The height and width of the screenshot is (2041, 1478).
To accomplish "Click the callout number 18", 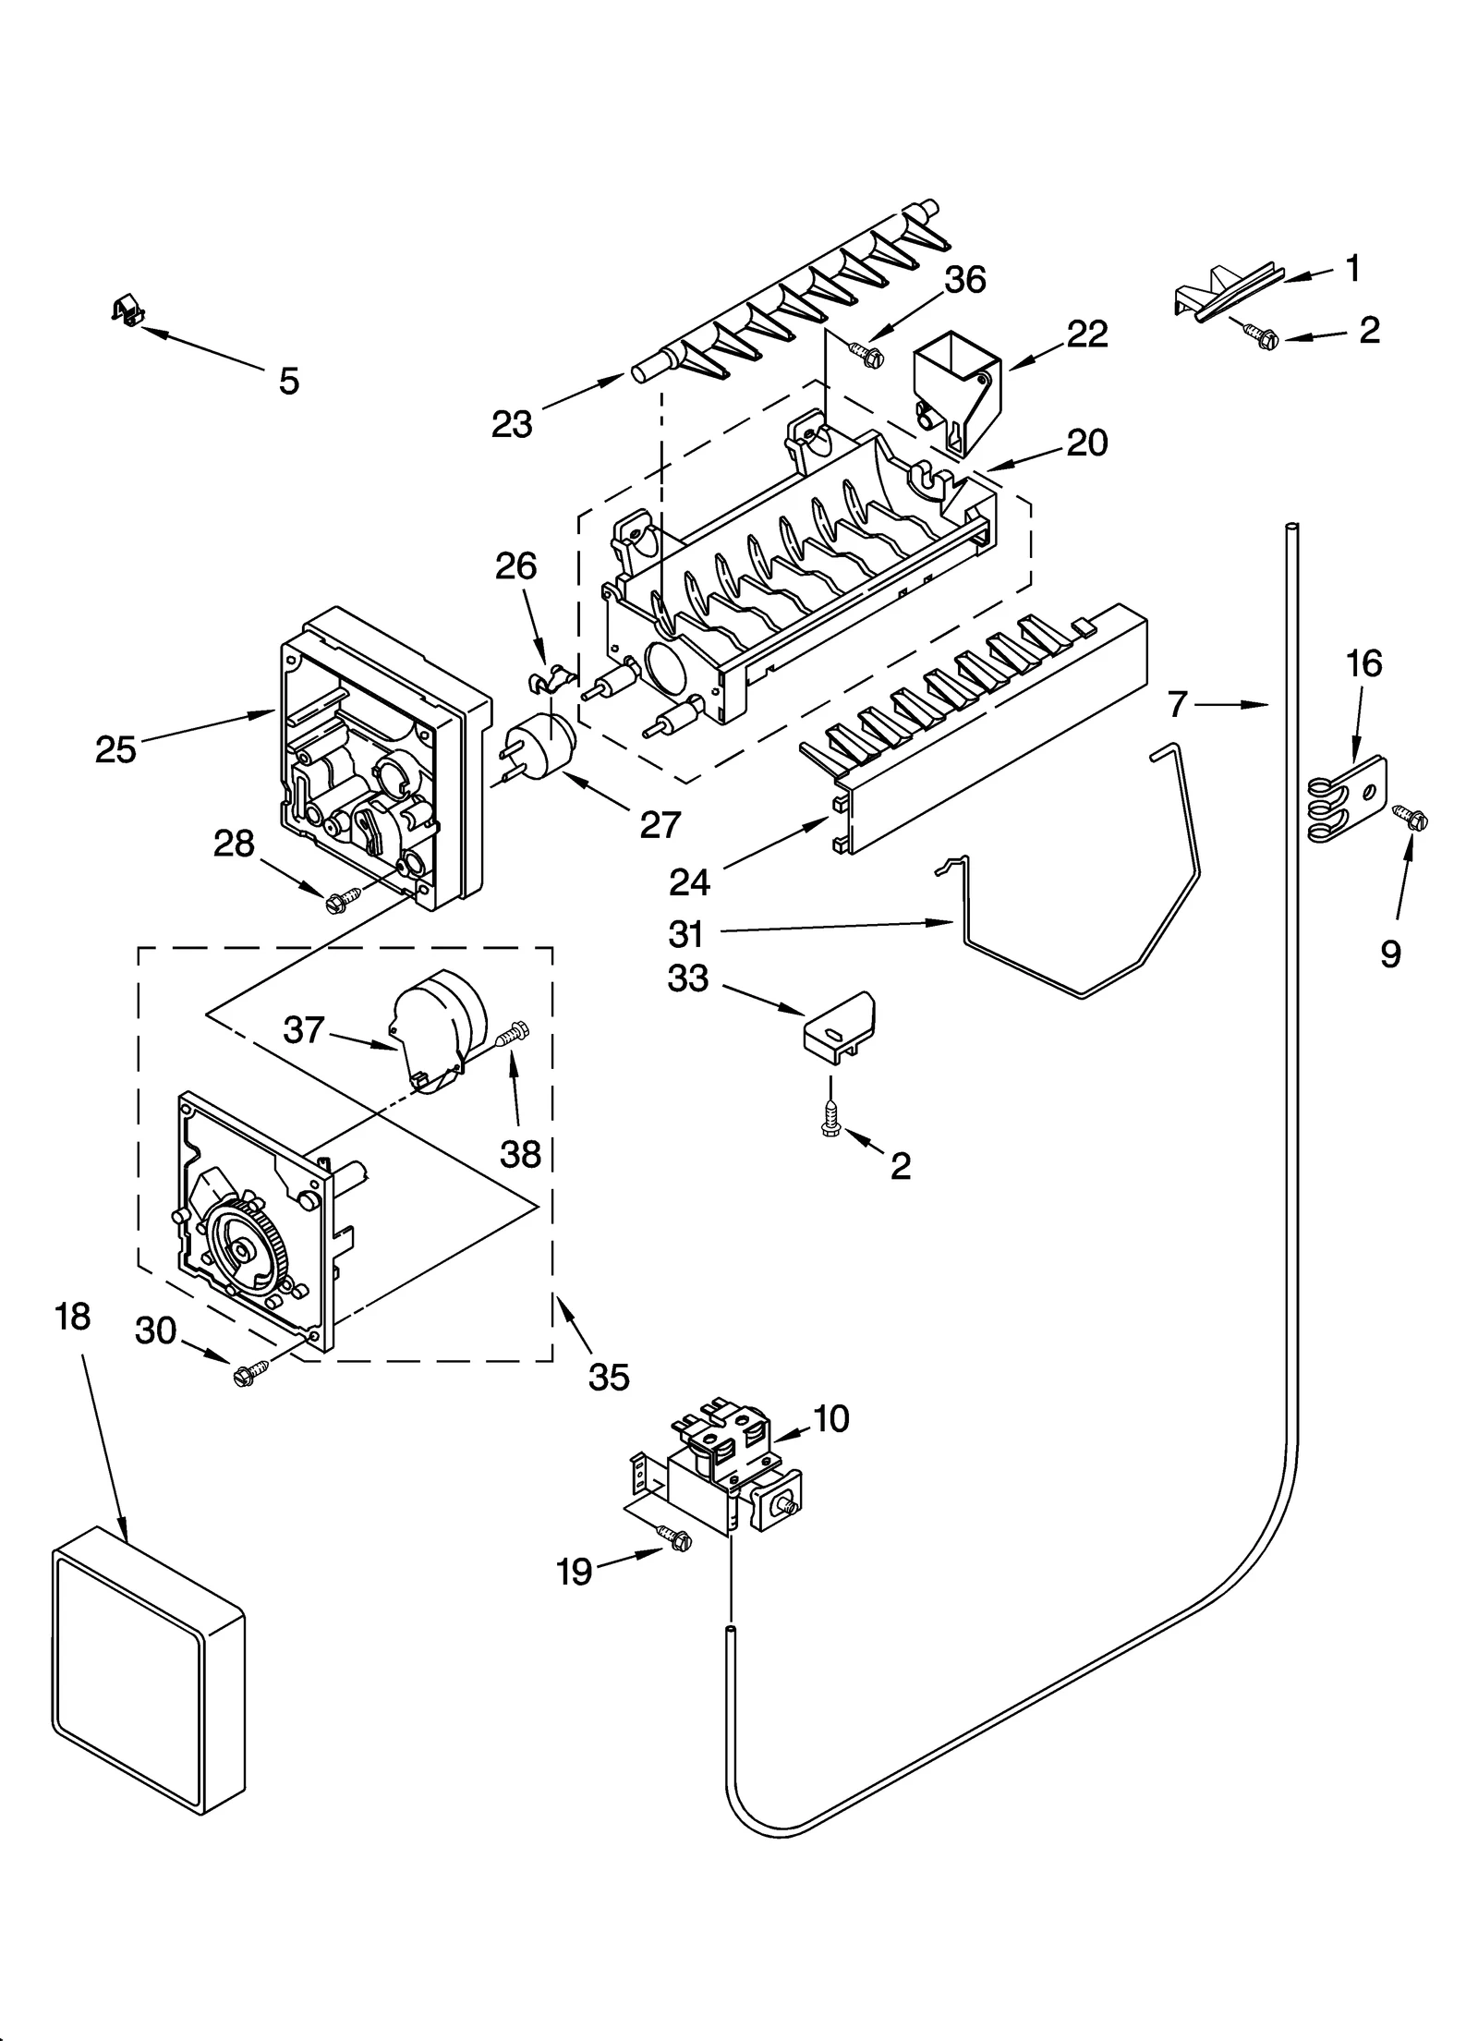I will (x=72, y=1317).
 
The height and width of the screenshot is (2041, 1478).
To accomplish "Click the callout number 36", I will (x=965, y=280).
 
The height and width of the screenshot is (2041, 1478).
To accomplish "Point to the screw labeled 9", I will (x=1411, y=817).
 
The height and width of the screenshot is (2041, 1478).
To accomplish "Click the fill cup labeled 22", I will (x=957, y=395).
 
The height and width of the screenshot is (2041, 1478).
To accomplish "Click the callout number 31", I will (x=686, y=934).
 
